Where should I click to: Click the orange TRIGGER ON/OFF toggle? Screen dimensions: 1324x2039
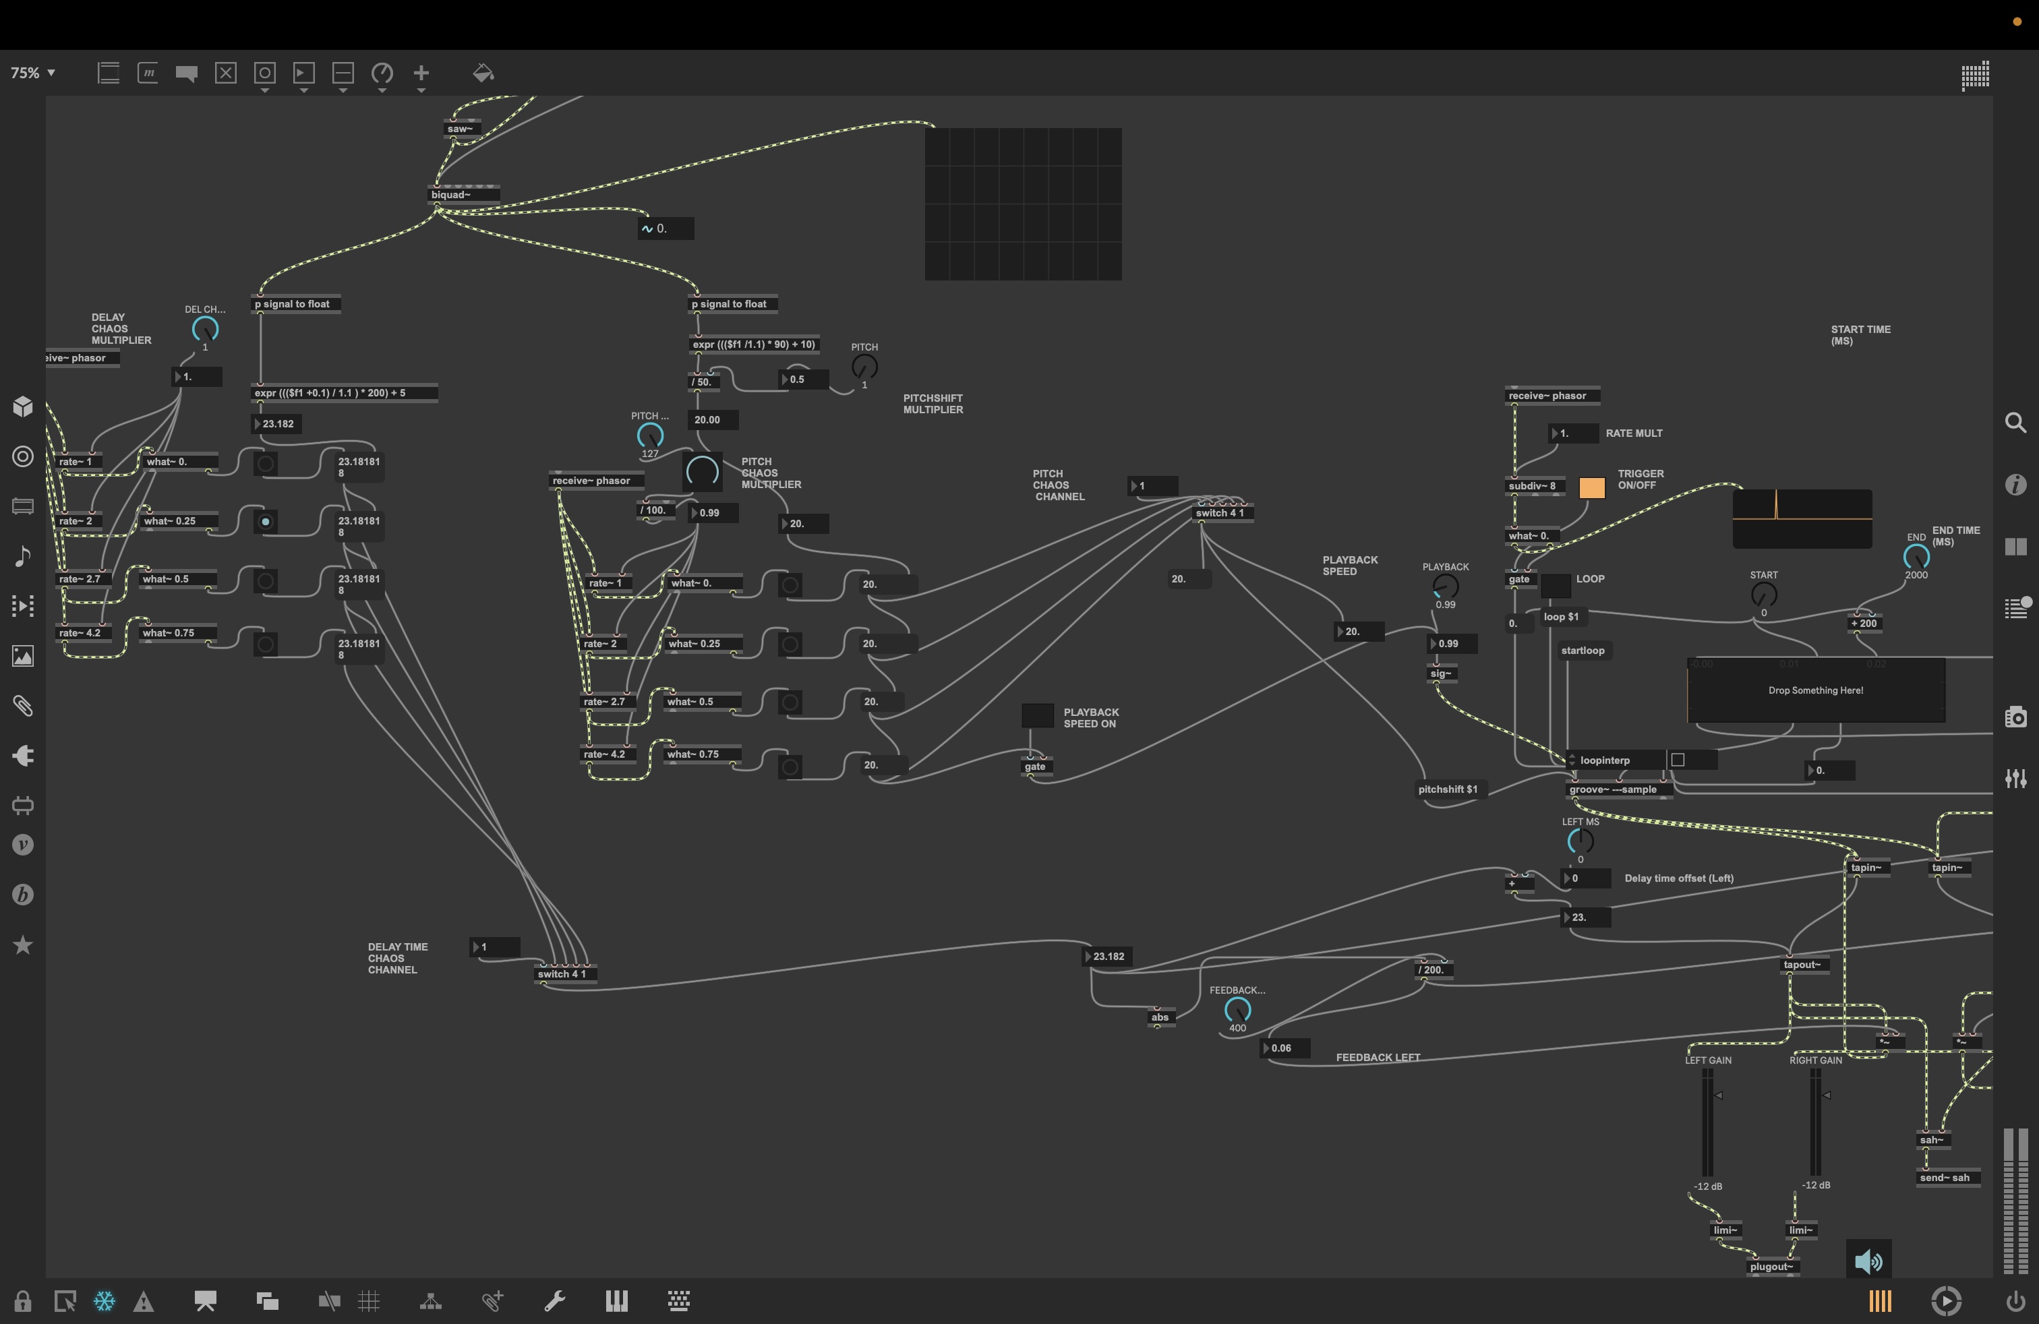(1591, 487)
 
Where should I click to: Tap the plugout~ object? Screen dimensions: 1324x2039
(1771, 1267)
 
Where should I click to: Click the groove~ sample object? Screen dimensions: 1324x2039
(1614, 789)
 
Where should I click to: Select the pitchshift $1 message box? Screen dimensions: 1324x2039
(1448, 789)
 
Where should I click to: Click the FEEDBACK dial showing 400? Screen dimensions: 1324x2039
(1237, 1010)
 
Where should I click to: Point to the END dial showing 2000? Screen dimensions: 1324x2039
(1916, 558)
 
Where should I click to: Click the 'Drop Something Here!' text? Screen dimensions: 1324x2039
(1815, 690)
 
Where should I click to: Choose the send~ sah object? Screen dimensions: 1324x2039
(1944, 1178)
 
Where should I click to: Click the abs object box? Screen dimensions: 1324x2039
(1160, 1017)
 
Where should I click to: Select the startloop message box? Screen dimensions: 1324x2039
(1583, 651)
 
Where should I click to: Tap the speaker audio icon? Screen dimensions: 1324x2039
(1868, 1261)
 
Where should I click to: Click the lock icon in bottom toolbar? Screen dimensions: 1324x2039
(23, 1302)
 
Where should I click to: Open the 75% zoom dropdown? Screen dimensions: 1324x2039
(32, 73)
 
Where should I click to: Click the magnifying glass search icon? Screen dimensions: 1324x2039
(2015, 423)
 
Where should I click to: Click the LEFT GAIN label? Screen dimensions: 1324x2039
(1707, 1060)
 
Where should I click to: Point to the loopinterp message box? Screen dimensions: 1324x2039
(1605, 760)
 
